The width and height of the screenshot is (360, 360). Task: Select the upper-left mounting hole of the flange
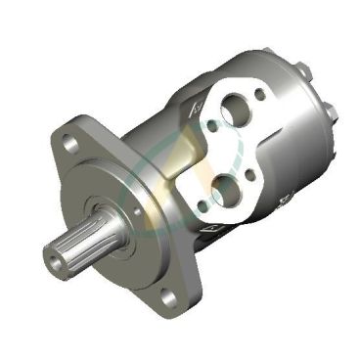69,143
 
